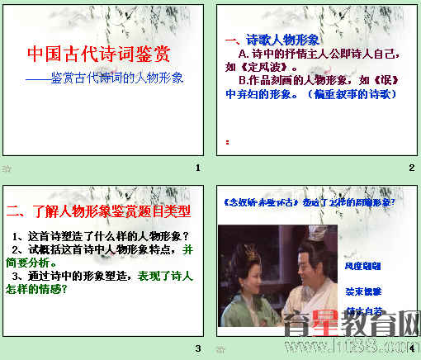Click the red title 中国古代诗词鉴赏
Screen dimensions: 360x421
coord(98,55)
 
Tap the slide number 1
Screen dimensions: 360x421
coord(197,168)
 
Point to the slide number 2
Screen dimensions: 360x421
coord(411,168)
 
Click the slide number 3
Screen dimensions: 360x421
coord(197,348)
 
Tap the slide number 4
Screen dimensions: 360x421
coord(411,348)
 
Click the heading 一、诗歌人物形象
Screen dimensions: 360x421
coord(272,40)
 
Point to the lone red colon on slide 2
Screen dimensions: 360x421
coord(227,141)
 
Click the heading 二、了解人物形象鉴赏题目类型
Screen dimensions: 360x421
coord(97,211)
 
